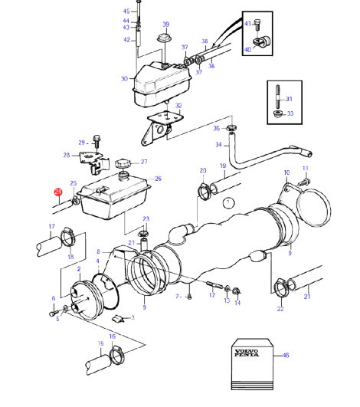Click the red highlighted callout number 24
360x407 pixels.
pos(58,192)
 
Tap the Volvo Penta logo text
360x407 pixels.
pos(247,353)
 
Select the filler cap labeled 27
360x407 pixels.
pos(123,164)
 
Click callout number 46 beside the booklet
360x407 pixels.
pos(286,355)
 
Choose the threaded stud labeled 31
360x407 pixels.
pos(277,97)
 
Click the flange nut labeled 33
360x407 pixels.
pos(278,113)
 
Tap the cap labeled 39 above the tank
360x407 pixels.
pos(165,38)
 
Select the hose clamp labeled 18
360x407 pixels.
pos(68,237)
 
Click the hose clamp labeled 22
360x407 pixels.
pos(281,288)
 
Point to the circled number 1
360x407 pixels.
pos(228,203)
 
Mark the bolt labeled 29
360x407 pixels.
pos(97,142)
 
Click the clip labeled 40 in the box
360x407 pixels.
pos(262,41)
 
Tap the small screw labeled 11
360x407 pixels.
pos(303,182)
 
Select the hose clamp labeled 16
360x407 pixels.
pos(117,355)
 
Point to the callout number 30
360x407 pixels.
pos(124,79)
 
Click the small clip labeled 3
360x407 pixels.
pos(117,318)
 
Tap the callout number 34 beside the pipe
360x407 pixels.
pos(218,145)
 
